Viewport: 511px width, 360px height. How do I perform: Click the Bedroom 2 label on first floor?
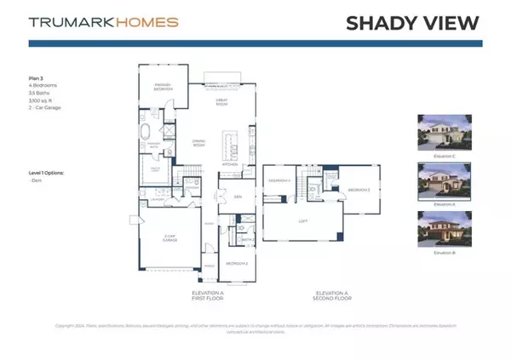tap(236, 264)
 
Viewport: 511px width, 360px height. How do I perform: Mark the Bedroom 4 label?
tap(278, 181)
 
